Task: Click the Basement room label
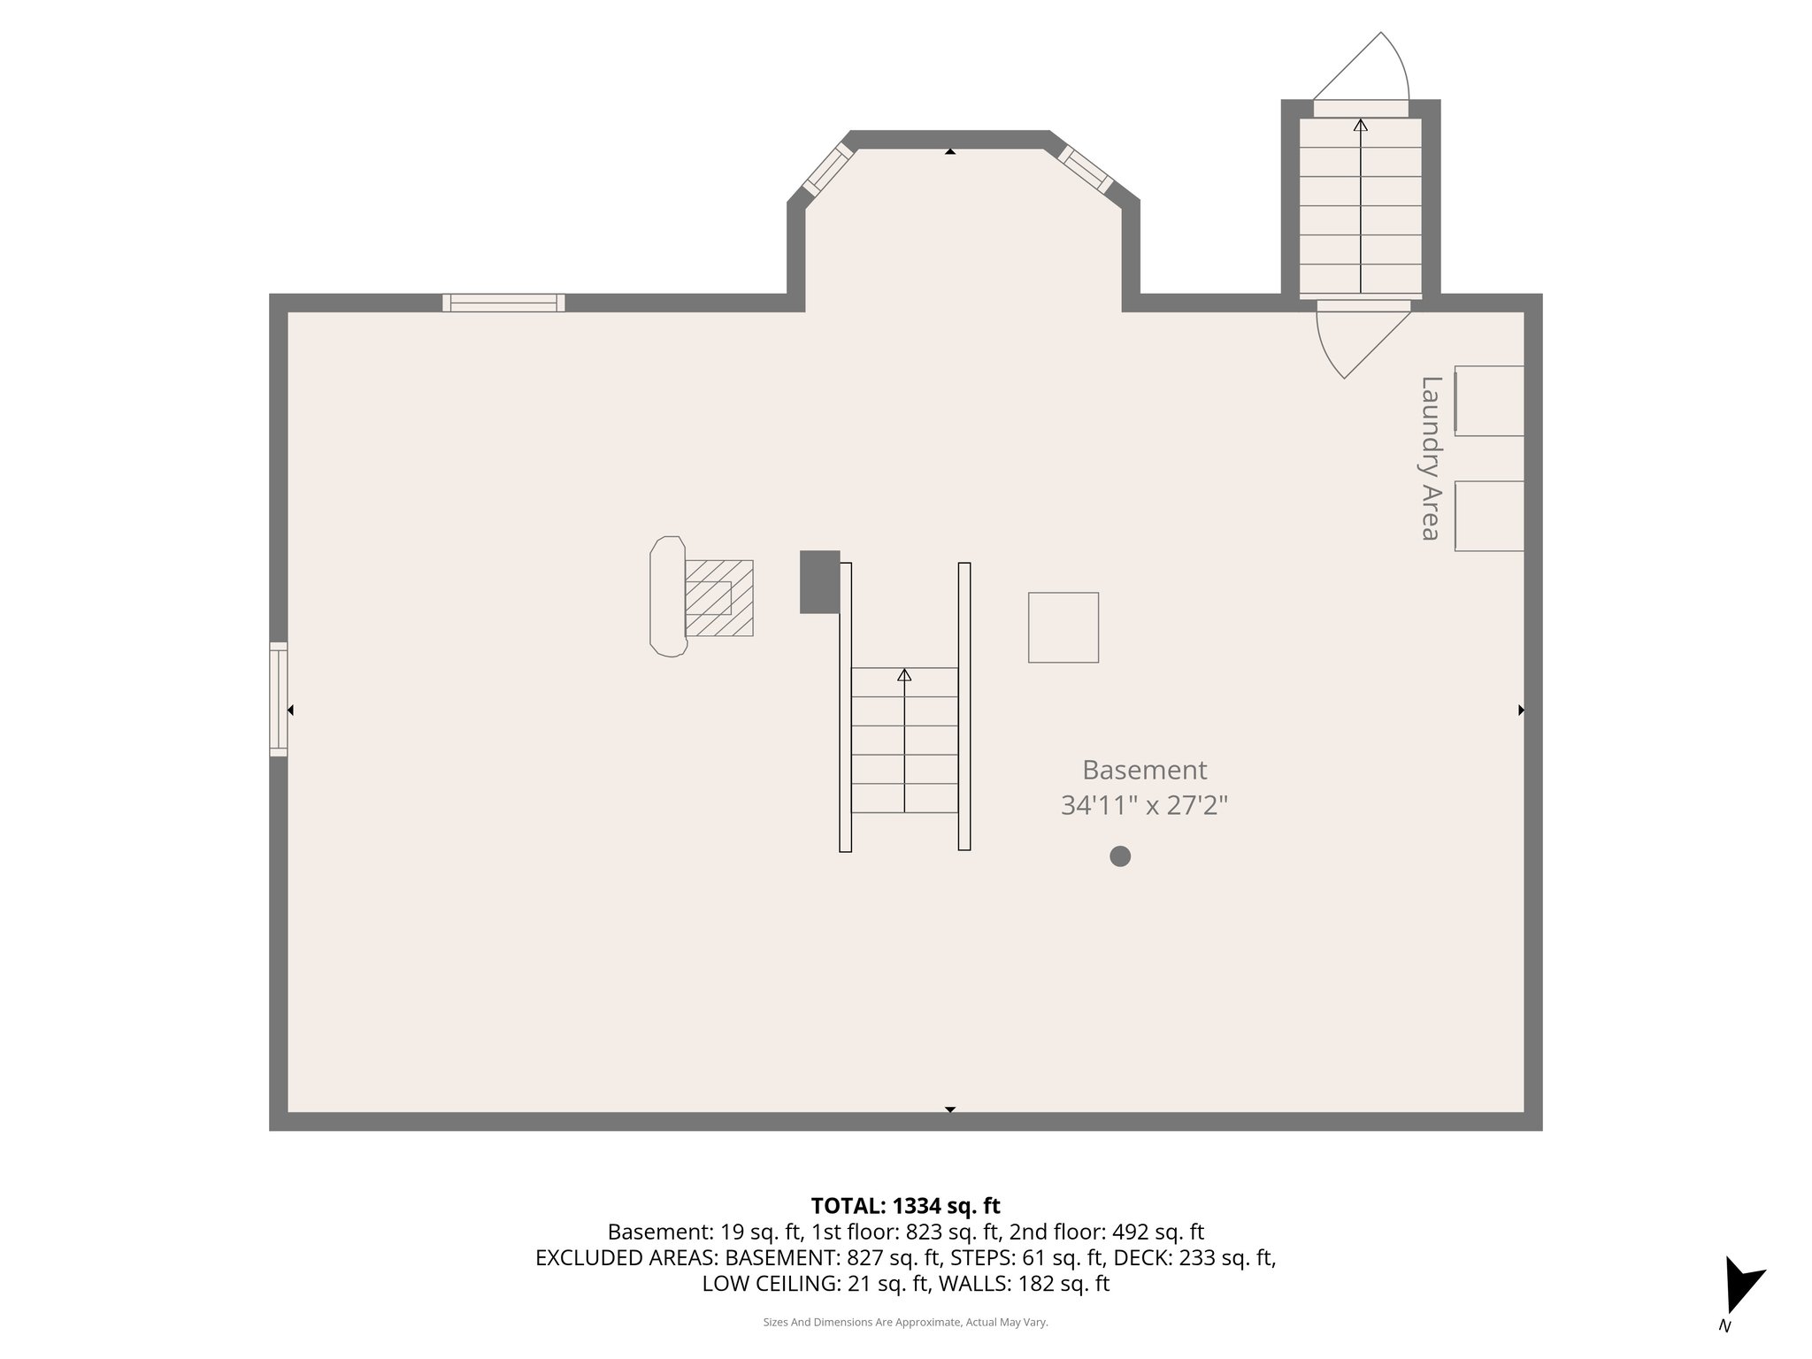[x=1144, y=770]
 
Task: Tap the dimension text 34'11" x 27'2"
[x=1144, y=806]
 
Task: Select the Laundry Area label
[x=1430, y=457]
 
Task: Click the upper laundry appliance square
[x=1489, y=401]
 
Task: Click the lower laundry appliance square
[x=1489, y=516]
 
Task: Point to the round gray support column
[x=1120, y=856]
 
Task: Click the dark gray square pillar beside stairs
[x=819, y=581]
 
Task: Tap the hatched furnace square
[x=718, y=598]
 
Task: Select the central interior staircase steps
[x=904, y=740]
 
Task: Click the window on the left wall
[x=279, y=699]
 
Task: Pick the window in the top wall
[x=503, y=303]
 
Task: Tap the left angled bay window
[x=828, y=169]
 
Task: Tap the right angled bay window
[x=1086, y=169]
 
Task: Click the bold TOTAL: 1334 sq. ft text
[x=905, y=1205]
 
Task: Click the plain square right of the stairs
[x=1063, y=627]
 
